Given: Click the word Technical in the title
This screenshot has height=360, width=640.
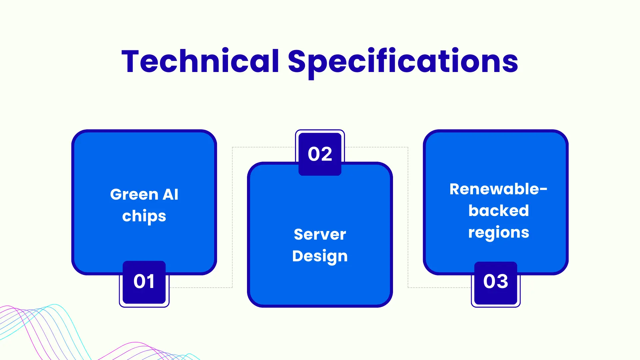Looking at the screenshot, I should pos(200,62).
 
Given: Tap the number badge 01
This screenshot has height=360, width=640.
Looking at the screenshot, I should pos(144,282).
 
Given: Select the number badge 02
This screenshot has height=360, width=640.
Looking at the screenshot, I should pos(320,154).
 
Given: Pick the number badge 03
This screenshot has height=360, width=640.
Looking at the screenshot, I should pos(496,282).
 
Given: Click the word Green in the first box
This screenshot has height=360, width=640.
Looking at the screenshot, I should pos(134,194).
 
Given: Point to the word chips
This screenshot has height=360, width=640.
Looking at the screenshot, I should pos(144,216).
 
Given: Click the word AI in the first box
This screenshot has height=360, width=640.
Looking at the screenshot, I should pos(170,194).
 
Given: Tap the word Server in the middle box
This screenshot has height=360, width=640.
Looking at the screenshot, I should pos(320,234).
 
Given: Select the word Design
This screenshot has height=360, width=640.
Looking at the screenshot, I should pos(320,256).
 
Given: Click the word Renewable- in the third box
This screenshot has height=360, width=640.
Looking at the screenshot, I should pos(498,189).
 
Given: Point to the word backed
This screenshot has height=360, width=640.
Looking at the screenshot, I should pos(498,211).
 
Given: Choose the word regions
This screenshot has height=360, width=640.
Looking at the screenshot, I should pos(498,233).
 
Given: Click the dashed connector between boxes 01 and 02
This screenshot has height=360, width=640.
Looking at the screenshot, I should pos(232,217).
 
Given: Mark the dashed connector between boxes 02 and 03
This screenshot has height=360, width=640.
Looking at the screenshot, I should pos(408,217).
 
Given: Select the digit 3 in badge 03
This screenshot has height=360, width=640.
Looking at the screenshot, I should pos(502,281).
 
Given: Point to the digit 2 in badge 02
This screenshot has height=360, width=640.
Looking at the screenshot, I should pos(326,154).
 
